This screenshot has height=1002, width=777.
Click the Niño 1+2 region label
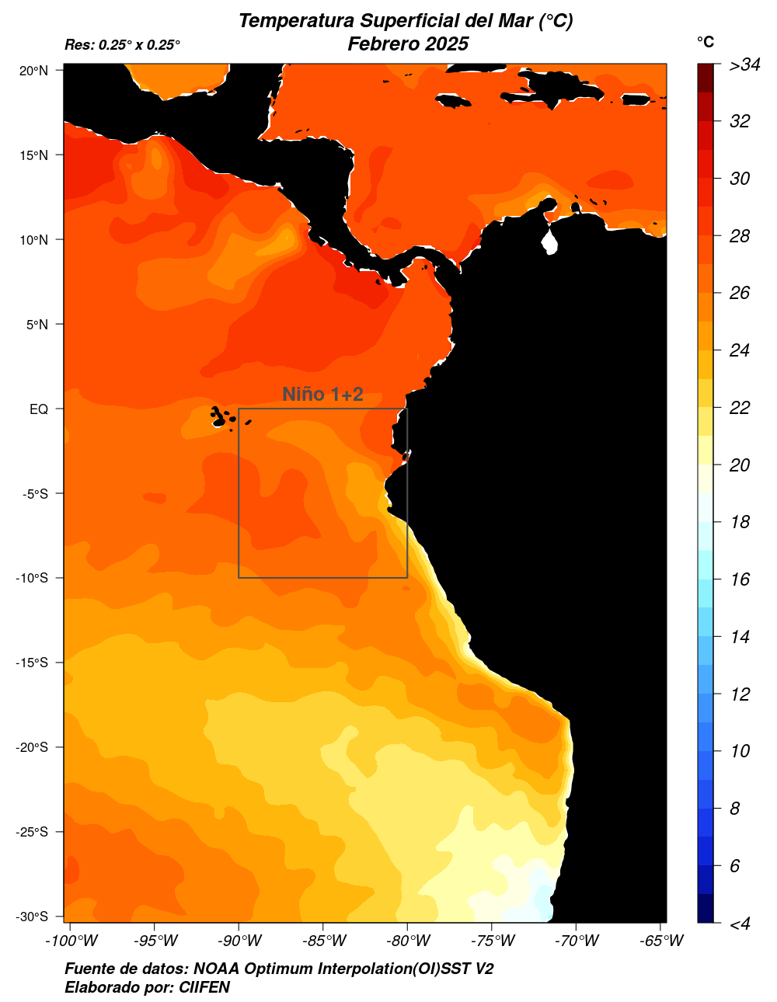322,395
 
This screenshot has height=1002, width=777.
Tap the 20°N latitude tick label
33,71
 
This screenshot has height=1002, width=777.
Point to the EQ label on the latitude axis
39,409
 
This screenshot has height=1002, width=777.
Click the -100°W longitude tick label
71,941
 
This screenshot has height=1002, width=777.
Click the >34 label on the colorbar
744,65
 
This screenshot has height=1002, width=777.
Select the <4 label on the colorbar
740,924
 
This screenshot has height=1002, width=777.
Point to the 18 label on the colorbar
740,522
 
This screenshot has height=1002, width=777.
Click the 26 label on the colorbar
740,293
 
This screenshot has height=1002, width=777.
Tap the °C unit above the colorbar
705,42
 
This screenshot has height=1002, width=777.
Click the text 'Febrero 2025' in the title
408,44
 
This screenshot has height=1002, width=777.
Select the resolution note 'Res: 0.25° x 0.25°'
122,45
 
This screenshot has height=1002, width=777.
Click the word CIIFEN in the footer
204,987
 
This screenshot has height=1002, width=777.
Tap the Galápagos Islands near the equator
221,417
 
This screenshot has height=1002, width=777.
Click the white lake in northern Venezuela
550,239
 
